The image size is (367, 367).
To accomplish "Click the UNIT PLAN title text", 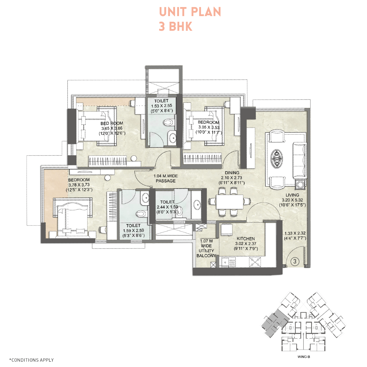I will [190, 12].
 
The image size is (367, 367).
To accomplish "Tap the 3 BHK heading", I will [175, 27].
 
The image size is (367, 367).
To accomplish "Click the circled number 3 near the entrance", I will [295, 261].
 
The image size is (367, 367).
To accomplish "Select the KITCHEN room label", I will [246, 239].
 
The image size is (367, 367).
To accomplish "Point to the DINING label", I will [232, 173].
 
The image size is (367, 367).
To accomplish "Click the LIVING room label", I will [292, 195].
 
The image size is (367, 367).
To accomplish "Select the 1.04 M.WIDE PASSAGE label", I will [166, 178].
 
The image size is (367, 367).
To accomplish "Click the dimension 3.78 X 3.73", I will [79, 185].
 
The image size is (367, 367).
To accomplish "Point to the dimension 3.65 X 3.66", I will [112, 128].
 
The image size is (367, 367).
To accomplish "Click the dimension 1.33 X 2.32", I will [295, 233].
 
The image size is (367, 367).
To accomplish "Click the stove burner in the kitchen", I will [255, 262].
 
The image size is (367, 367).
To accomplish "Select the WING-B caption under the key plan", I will [304, 357].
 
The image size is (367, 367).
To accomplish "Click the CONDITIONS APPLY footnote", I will [32, 360].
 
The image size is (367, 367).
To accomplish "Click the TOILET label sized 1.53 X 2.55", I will [161, 101].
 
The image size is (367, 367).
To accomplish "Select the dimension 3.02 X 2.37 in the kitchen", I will [246, 244].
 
